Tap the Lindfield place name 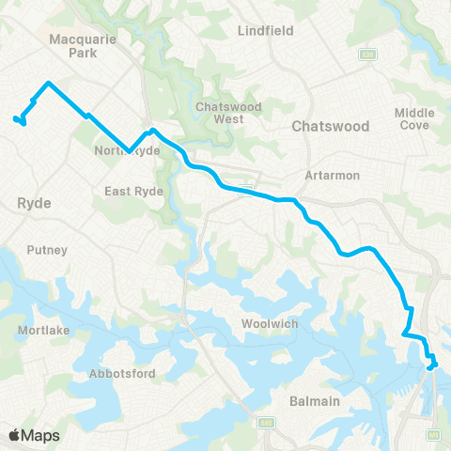coord(266,30)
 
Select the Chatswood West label coord(220,113)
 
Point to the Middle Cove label coord(414,118)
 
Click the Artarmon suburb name coord(327,175)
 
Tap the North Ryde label coord(128,151)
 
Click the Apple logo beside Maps coord(16,435)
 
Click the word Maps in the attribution coord(42,435)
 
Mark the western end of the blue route coord(15,118)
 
